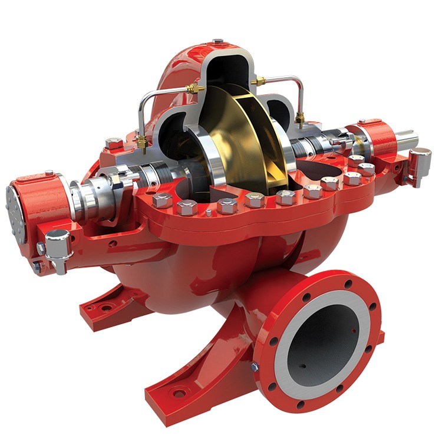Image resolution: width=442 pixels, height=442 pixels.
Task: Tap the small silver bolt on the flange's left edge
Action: point(254,367)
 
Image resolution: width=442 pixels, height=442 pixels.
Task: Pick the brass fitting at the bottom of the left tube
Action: point(141,141)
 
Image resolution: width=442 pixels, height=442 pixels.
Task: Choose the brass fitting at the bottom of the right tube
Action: point(299,120)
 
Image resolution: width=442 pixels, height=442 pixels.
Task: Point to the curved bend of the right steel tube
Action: point(299,81)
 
